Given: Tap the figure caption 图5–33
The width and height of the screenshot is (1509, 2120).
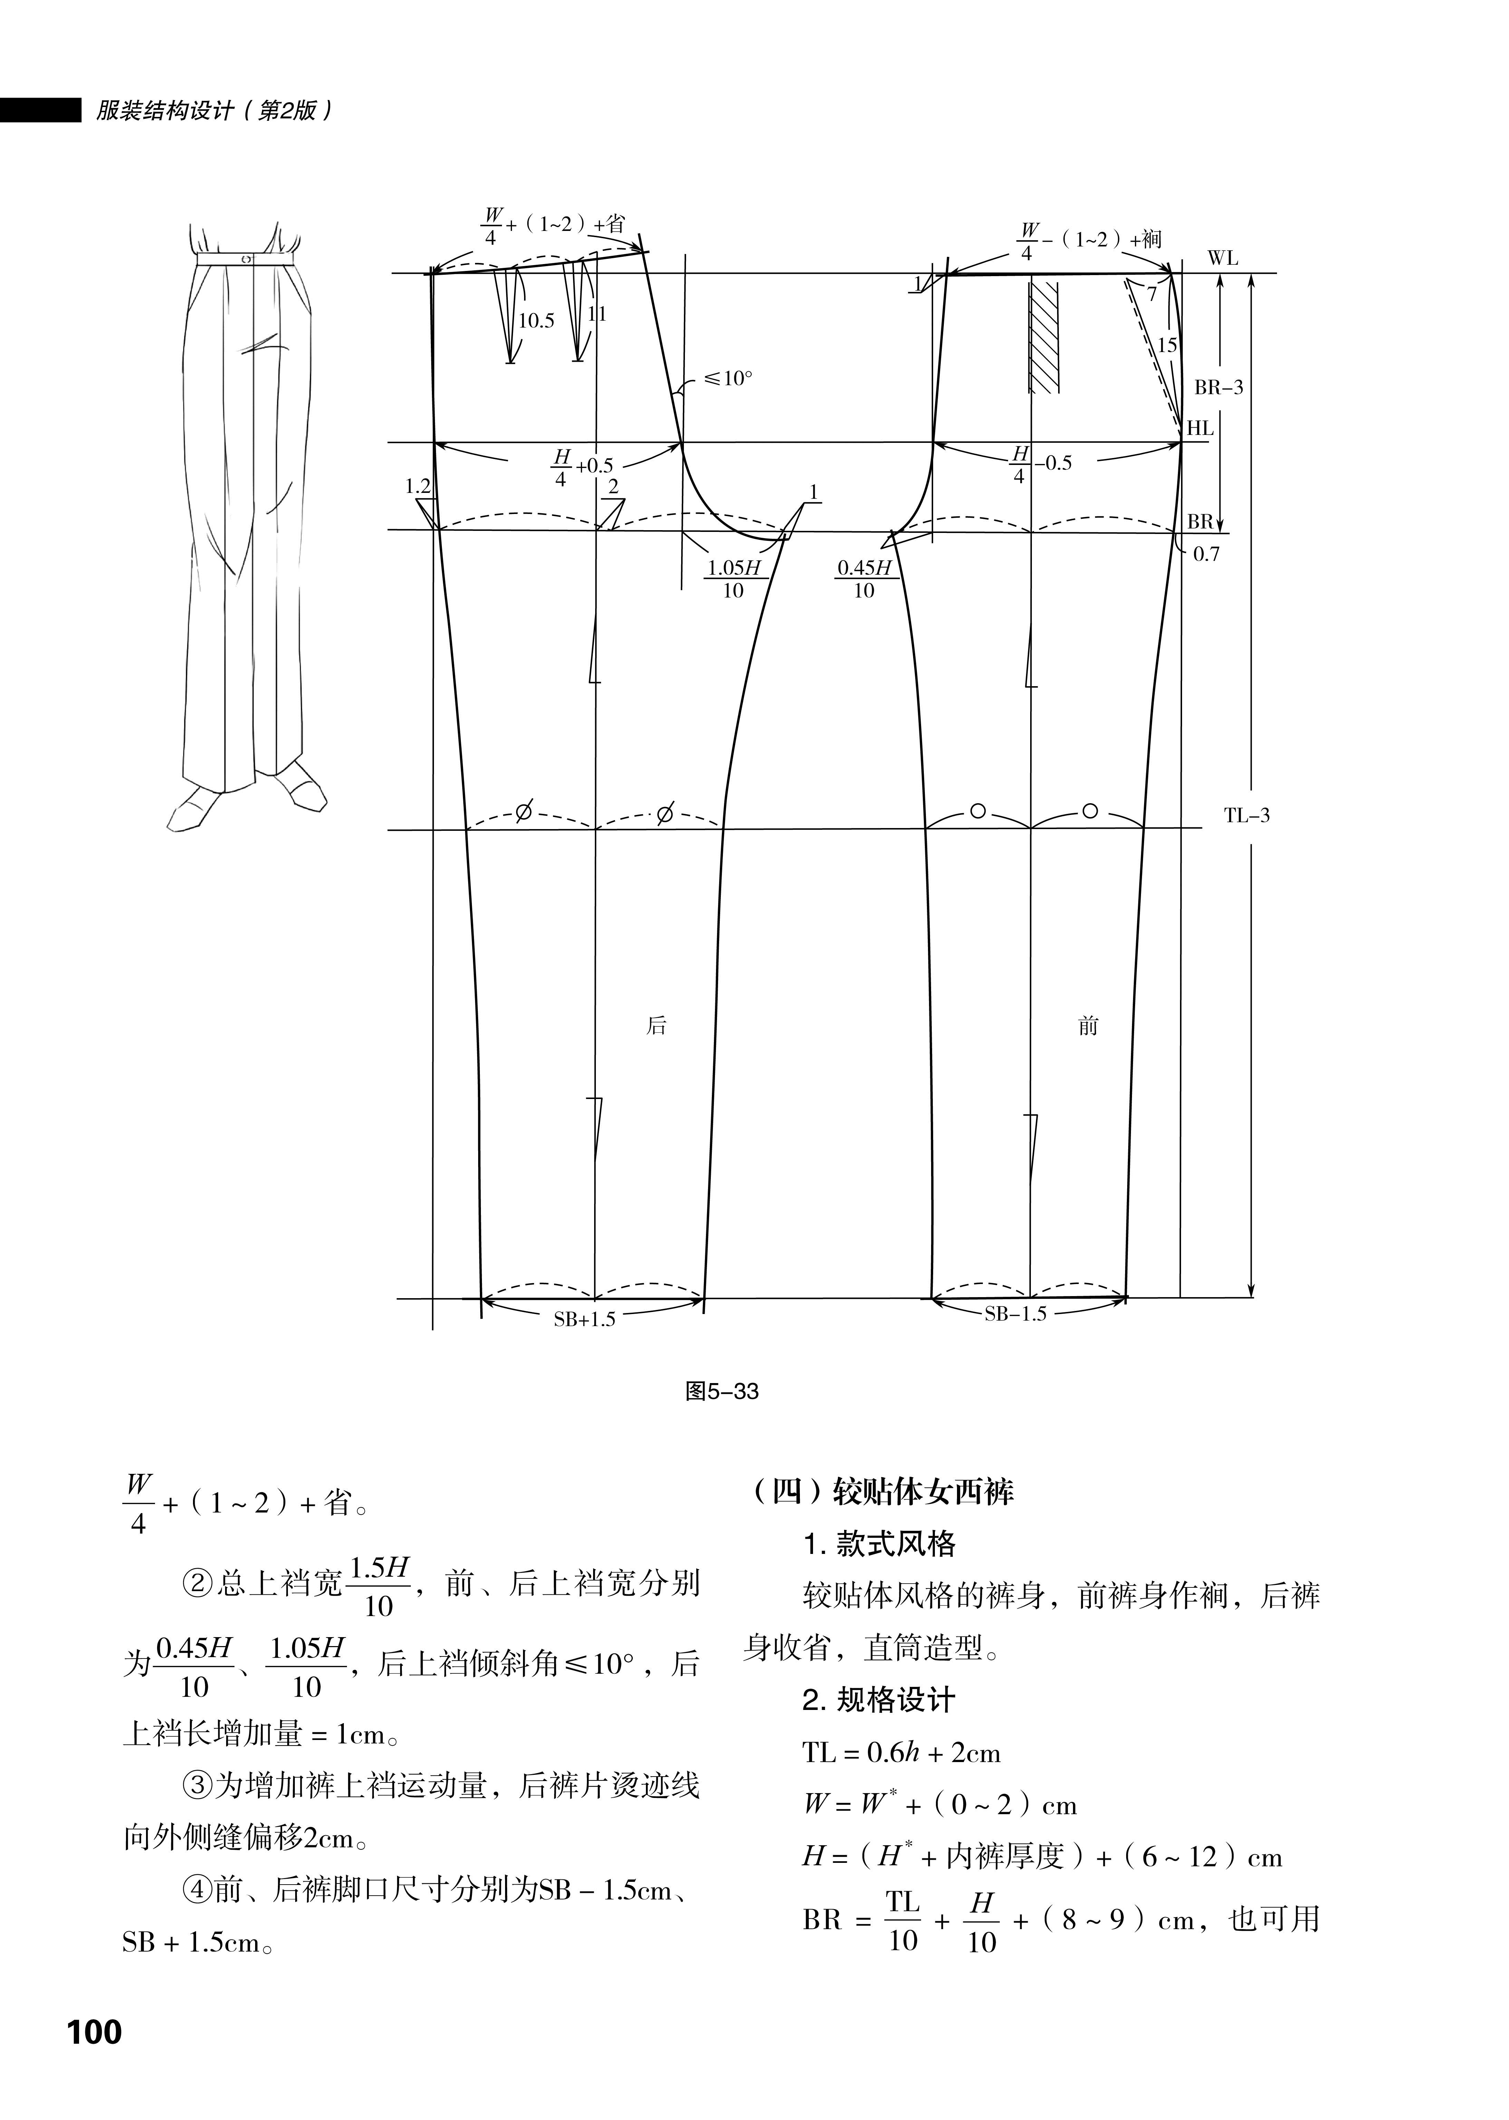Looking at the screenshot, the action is (x=722, y=1391).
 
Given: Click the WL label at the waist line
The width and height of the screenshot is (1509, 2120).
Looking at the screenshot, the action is (x=1223, y=258).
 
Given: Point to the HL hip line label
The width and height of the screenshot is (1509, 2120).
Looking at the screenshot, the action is (x=1200, y=428).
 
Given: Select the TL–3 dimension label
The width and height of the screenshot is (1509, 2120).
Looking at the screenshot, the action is (x=1246, y=816).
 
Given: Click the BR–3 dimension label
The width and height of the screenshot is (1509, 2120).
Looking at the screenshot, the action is (x=1218, y=387).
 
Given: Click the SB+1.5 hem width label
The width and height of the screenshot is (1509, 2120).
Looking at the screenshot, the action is (x=584, y=1319).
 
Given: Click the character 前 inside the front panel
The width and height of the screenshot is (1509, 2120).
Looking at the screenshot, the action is (x=1088, y=1025).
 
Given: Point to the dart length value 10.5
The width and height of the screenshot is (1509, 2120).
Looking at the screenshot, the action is (x=536, y=321).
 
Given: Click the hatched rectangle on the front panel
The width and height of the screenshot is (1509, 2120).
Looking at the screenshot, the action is (x=1044, y=336).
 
